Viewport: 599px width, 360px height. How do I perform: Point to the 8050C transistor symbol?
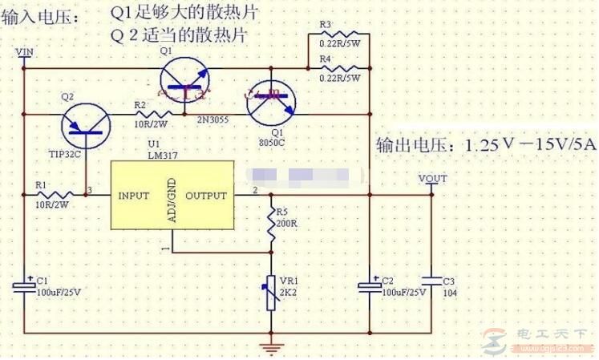pos(273,102)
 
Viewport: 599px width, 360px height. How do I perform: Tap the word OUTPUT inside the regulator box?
pos(206,195)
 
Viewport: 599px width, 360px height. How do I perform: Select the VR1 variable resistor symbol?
pos(272,289)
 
